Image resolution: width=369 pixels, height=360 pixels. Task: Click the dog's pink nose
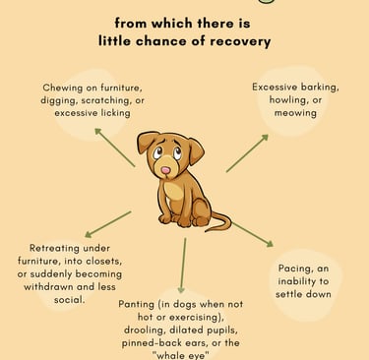(166, 170)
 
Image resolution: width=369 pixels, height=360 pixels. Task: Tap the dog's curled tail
(220, 222)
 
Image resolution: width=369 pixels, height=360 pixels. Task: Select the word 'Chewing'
(62, 89)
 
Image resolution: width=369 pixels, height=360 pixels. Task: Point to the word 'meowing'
(295, 113)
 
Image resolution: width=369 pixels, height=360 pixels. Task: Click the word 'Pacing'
(294, 269)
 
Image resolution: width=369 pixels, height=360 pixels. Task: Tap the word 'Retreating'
(53, 248)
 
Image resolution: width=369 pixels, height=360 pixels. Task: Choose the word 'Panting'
(136, 304)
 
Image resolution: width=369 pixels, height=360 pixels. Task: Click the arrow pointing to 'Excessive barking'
(247, 152)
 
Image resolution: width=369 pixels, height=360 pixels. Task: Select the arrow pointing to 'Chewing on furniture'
(115, 148)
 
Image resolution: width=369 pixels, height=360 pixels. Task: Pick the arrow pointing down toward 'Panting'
(183, 266)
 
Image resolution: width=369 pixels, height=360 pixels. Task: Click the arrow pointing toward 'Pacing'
(253, 234)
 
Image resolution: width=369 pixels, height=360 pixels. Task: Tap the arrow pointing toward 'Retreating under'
(108, 224)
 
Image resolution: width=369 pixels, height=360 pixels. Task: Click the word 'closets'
(103, 262)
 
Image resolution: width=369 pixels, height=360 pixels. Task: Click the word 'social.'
(70, 300)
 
